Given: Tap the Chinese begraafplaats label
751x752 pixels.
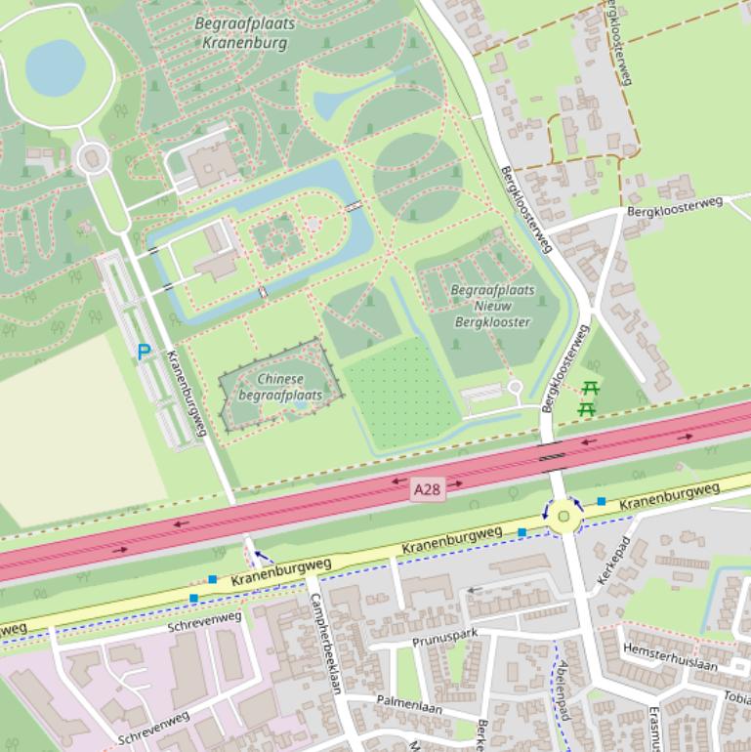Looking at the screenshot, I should pos(280,387).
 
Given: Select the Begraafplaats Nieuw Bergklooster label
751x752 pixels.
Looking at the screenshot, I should pos(492,306).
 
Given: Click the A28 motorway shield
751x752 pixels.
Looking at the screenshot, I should pos(428,488).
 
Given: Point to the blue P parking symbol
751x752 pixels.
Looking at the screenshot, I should pos(144,352).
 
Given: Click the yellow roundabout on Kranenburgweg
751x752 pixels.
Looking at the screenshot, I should pos(563,517).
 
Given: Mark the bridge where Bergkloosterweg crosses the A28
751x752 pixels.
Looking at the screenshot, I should pos(553,451).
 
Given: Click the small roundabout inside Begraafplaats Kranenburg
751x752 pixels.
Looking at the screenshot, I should pos(93,157).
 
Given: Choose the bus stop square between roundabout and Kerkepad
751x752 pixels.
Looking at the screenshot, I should pos(602,501).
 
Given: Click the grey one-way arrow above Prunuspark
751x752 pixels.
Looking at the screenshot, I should pos(475,590).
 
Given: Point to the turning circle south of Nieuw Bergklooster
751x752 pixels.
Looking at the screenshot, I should pos(515,388).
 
